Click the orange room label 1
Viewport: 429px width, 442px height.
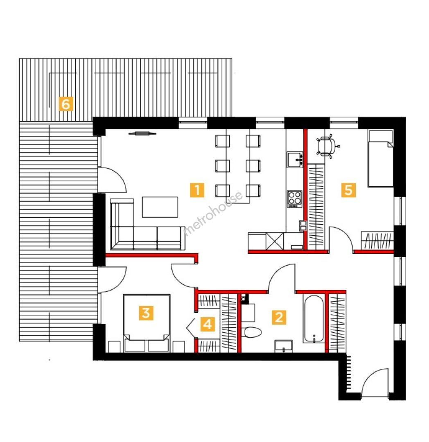click(x=197, y=190)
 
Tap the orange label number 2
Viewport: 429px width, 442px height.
click(x=279, y=317)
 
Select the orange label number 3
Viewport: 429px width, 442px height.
click(x=146, y=313)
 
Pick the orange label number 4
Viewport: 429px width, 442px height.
click(x=208, y=324)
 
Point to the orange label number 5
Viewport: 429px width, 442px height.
click(x=348, y=190)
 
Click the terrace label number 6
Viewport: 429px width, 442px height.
click(x=65, y=104)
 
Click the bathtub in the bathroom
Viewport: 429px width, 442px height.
click(x=314, y=319)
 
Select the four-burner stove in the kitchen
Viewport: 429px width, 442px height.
click(x=295, y=199)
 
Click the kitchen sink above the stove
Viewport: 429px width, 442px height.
click(x=295, y=160)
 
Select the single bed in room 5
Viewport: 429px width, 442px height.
click(x=381, y=158)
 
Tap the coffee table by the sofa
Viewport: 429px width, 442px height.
click(x=160, y=207)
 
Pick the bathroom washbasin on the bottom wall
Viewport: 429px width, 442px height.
click(x=284, y=346)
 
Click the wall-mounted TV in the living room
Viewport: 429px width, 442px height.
click(x=142, y=133)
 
